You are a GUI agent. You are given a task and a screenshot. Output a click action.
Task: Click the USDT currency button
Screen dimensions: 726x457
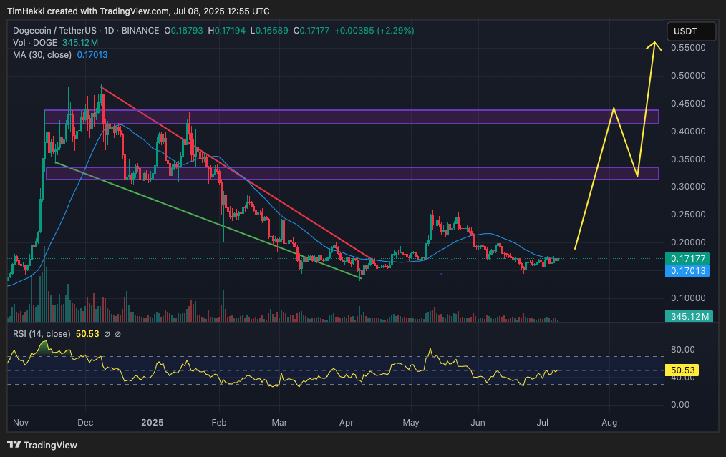pos(691,31)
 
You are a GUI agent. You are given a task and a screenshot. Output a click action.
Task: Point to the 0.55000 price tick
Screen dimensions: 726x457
pos(688,48)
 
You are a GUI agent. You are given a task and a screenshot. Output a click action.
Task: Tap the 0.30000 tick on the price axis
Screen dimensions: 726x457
pos(688,187)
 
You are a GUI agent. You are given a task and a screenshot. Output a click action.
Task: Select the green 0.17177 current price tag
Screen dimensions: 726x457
pos(687,259)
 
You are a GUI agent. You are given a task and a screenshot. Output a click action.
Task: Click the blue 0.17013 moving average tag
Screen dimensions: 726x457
pos(687,270)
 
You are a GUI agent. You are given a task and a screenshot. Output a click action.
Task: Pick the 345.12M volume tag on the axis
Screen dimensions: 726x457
pos(689,316)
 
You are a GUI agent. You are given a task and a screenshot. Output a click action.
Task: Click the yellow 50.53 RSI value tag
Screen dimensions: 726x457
pos(682,370)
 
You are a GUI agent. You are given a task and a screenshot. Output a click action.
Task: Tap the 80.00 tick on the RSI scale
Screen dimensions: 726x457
pos(683,349)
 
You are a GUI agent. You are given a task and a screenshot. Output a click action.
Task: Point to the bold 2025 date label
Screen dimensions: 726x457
pos(153,422)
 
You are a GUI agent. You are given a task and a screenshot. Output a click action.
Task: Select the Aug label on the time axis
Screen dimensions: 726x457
pos(609,422)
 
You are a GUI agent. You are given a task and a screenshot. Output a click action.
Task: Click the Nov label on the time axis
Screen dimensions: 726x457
pos(21,422)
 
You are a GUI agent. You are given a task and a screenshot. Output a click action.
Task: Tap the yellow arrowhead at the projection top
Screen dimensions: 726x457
pos(654,45)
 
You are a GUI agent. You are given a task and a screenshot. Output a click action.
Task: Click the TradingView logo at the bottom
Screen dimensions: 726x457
pos(42,445)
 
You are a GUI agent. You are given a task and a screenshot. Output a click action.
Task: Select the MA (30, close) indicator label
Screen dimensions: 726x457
pos(42,54)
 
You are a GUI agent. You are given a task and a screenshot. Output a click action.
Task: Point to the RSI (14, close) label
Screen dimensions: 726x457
pos(42,333)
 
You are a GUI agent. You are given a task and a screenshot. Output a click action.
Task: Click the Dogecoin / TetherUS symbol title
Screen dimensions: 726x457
pos(54,31)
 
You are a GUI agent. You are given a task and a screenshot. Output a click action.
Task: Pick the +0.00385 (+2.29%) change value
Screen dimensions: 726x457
pos(374,31)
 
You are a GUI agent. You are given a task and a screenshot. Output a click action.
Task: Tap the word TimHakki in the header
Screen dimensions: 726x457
pos(26,11)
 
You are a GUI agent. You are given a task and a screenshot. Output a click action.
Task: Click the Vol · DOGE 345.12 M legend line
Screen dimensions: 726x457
pos(56,43)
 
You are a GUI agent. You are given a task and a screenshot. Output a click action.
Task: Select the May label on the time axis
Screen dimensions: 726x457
pos(411,422)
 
